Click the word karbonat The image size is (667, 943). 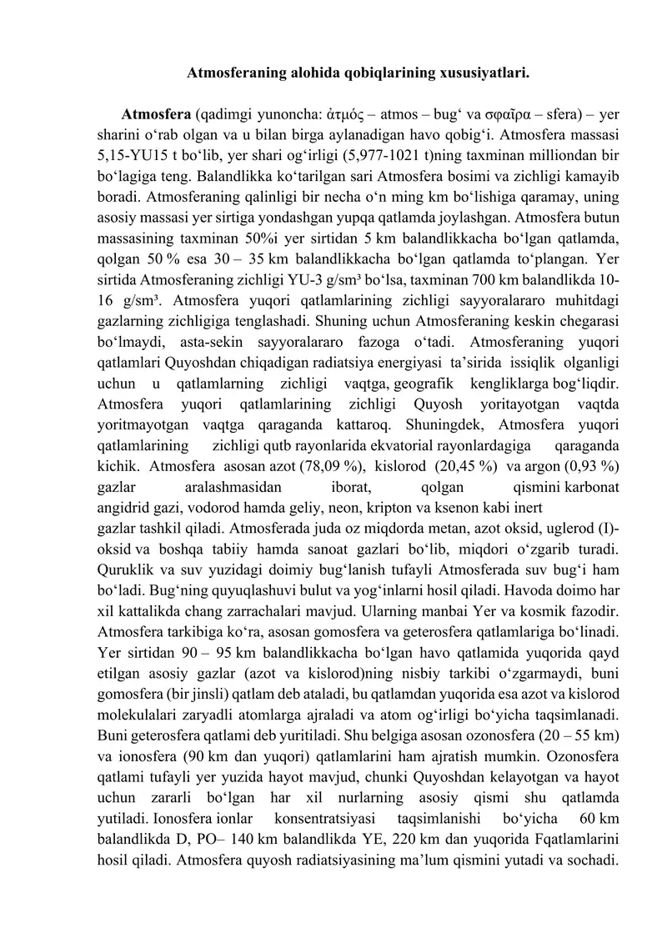point(585,485)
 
